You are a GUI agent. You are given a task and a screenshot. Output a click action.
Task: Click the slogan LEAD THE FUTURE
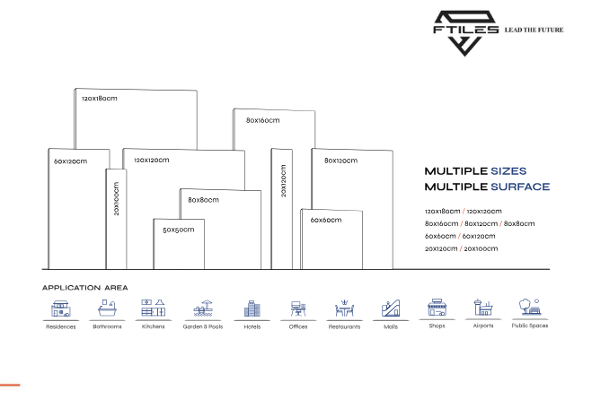(x=537, y=30)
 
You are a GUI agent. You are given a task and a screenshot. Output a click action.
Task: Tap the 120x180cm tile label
(x=99, y=98)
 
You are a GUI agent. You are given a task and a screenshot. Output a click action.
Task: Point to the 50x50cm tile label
(x=178, y=230)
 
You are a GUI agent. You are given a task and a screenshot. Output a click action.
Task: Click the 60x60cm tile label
(x=326, y=220)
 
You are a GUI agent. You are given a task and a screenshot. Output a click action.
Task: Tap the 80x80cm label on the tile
(x=203, y=200)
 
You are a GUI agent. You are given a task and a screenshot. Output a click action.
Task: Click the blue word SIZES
(x=508, y=170)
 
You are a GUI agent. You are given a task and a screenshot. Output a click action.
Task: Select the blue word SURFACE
(x=520, y=187)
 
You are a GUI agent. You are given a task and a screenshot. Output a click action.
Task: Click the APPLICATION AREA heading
(x=85, y=288)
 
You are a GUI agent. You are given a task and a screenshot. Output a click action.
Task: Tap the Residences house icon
(x=61, y=308)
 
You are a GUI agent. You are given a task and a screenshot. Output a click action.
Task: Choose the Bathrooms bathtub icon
(x=107, y=308)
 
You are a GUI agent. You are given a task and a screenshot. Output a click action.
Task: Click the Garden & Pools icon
(x=203, y=308)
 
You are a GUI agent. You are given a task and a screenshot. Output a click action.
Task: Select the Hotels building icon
(x=252, y=308)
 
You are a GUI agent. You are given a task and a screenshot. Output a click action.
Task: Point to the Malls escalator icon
(x=391, y=308)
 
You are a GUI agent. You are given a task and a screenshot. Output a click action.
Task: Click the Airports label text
(x=483, y=326)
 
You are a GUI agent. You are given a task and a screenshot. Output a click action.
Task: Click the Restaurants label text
(x=344, y=326)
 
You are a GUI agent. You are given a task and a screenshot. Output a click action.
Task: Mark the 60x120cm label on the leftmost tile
(x=71, y=161)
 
